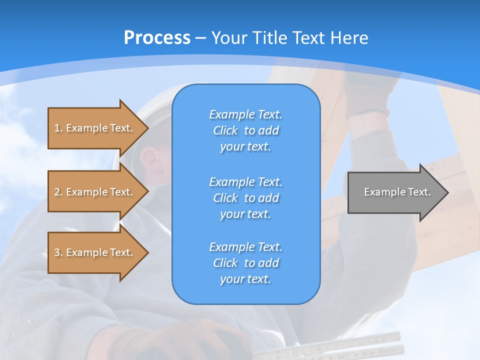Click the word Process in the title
click(157, 37)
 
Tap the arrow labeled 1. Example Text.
click(95, 128)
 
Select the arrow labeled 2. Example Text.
click(95, 192)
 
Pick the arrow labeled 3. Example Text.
click(95, 252)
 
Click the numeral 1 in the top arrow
click(56, 128)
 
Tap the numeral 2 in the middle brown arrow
click(57, 192)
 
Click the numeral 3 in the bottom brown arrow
click(57, 252)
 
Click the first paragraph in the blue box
click(245, 130)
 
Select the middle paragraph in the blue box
click(245, 197)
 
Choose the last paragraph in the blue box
click(245, 263)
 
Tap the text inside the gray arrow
click(397, 192)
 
